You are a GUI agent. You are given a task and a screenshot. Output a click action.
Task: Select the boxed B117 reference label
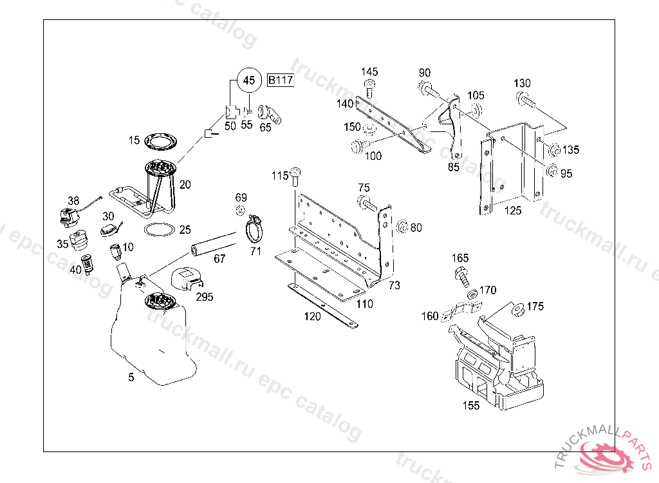click(x=281, y=80)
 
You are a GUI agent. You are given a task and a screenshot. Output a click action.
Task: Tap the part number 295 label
click(x=205, y=297)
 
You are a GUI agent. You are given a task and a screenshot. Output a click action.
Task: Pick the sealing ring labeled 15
click(x=160, y=141)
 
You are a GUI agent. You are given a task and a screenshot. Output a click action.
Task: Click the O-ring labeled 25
click(x=159, y=229)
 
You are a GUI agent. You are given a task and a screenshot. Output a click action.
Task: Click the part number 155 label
click(x=472, y=406)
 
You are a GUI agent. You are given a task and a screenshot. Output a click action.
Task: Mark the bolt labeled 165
click(x=461, y=276)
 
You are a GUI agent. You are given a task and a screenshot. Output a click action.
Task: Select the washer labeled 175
click(x=516, y=309)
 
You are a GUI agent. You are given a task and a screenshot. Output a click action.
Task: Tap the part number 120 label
click(x=313, y=316)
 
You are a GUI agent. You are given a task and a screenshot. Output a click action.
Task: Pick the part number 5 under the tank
click(x=131, y=377)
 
